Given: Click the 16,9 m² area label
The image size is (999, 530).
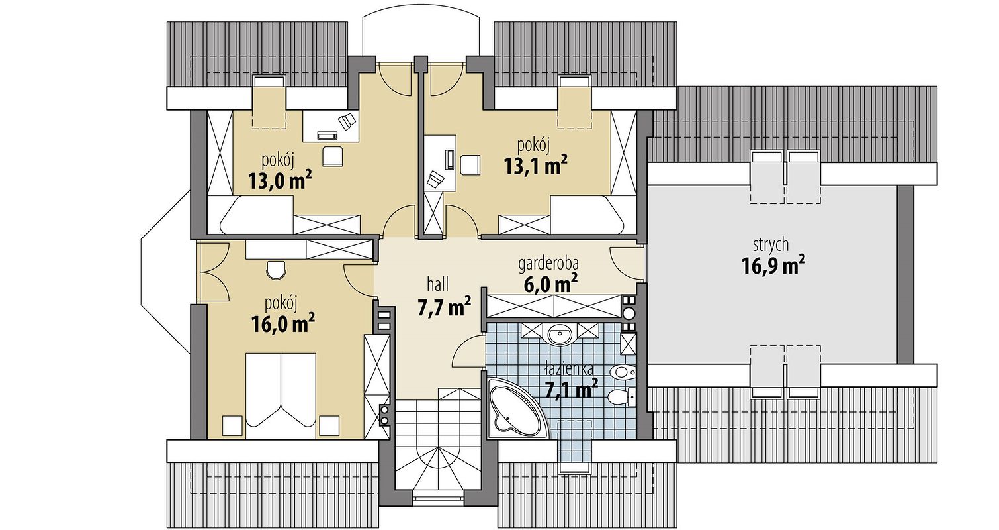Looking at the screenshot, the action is click(773, 266).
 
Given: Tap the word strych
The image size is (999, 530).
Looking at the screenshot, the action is click(771, 244).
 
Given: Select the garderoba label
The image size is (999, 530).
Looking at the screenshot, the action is click(548, 264).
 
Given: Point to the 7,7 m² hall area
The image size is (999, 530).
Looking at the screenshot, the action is click(444, 307).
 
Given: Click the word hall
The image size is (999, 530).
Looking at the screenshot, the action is click(437, 284).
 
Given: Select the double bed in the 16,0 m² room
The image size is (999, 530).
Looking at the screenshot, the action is click(281, 395).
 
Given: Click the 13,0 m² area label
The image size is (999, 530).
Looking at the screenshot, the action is click(280, 181).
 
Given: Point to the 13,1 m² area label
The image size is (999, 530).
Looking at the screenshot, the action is click(536, 166).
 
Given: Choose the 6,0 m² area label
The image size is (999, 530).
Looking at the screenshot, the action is click(551, 284).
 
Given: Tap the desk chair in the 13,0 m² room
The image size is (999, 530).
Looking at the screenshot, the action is click(333, 156).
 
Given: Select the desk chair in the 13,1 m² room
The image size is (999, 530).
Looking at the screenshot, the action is click(471, 165).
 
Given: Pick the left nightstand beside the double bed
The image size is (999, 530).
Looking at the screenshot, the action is click(232, 425).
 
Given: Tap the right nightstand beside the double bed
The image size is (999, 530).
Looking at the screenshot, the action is click(329, 425).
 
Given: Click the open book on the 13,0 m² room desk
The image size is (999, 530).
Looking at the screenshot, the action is click(347, 121).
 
